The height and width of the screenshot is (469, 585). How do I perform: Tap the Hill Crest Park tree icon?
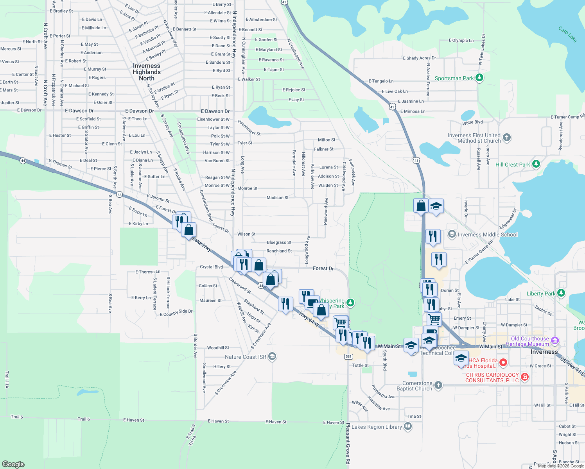pyautogui.click(x=536, y=164)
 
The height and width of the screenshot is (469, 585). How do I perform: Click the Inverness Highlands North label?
pyautogui.click(x=147, y=72)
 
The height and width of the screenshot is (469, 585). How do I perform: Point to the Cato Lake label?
pyautogui.click(x=567, y=34)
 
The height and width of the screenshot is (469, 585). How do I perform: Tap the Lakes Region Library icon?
pyautogui.click(x=408, y=426)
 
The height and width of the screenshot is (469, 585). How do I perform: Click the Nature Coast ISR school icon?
pyautogui.click(x=273, y=356)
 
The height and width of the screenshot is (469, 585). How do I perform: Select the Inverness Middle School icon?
pyautogui.click(x=452, y=234)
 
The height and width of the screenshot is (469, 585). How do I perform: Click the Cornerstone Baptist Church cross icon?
pyautogui.click(x=438, y=385)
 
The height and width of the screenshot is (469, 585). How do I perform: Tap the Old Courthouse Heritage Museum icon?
pyautogui.click(x=555, y=341)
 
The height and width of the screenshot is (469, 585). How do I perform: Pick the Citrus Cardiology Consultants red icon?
pyautogui.click(x=525, y=377)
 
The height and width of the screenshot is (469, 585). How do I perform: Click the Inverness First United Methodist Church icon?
pyautogui.click(x=507, y=137)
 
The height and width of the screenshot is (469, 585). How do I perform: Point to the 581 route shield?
pyautogui.click(x=348, y=356)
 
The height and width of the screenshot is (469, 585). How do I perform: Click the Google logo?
pyautogui.click(x=13, y=464)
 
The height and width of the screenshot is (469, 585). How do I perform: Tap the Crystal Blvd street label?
pyautogui.click(x=211, y=267)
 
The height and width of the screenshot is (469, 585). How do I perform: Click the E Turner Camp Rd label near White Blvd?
pyautogui.click(x=567, y=117)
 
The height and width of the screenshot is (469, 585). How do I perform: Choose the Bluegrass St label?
pyautogui.click(x=279, y=242)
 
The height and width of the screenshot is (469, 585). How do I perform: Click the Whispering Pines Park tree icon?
pyautogui.click(x=350, y=303)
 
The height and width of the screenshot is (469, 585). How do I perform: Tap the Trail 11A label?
pyautogui.click(x=7, y=379)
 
